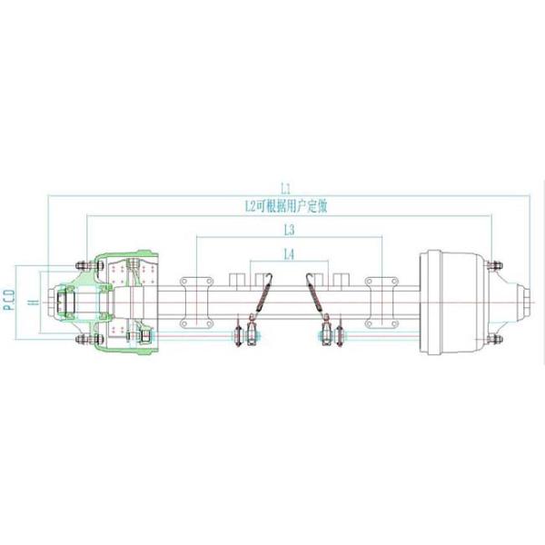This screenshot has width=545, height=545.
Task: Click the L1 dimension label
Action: point(285,188)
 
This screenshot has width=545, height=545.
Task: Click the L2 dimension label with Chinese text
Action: point(285,207)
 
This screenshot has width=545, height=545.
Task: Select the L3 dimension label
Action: point(288,230)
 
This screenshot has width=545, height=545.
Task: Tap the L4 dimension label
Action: point(288,255)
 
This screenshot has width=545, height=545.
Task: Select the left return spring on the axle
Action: point(262,295)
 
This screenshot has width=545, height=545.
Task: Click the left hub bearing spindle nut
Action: point(64,302)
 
